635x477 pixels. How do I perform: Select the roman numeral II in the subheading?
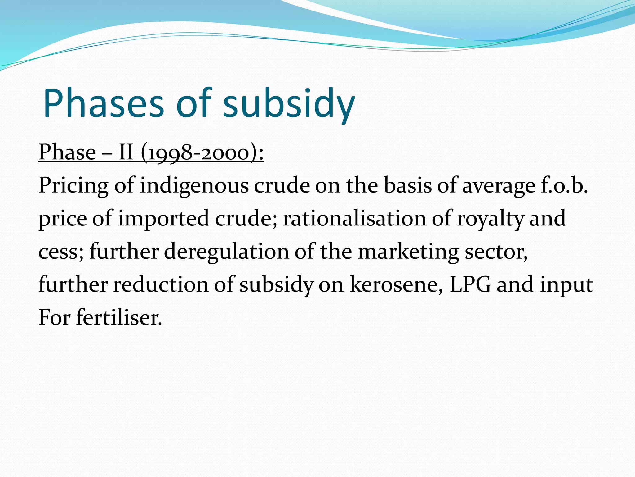[126, 152]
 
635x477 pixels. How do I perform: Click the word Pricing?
[73, 186]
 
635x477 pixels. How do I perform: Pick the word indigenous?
[194, 186]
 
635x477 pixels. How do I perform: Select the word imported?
[163, 219]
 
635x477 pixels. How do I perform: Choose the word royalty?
[490, 219]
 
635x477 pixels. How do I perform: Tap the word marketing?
[408, 252]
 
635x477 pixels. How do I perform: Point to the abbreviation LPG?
[470, 284]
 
